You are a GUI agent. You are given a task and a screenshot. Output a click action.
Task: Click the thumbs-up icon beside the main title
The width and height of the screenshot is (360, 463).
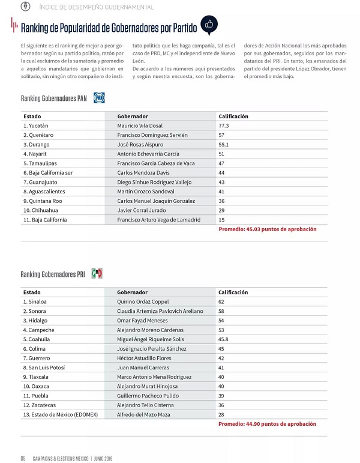(x=209, y=25)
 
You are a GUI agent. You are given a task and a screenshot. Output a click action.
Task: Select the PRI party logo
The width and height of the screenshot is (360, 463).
(x=97, y=274)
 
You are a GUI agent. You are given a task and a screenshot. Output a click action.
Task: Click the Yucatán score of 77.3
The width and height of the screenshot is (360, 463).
(x=224, y=126)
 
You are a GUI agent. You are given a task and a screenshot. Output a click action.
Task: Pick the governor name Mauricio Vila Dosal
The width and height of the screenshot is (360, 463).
(x=141, y=126)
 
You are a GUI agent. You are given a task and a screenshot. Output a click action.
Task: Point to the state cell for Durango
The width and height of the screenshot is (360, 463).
(x=36, y=145)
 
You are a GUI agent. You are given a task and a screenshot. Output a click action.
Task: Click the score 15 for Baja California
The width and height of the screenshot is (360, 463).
(x=222, y=220)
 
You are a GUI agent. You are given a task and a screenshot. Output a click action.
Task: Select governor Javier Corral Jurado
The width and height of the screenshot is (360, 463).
(x=142, y=210)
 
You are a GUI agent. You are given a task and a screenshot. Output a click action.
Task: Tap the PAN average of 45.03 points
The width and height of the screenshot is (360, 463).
(x=267, y=229)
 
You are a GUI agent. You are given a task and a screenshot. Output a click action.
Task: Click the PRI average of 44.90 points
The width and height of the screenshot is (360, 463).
(x=267, y=423)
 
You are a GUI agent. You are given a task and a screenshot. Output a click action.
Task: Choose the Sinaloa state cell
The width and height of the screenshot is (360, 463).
(x=35, y=301)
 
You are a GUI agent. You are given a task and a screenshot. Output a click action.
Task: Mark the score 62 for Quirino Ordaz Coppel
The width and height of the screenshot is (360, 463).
(x=222, y=301)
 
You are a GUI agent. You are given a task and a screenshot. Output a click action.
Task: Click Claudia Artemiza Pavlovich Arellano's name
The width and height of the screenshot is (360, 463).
(x=160, y=311)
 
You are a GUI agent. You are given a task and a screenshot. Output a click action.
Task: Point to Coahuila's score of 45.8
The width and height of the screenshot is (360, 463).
(x=224, y=339)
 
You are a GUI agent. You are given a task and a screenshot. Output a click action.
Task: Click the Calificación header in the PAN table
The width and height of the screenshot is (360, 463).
(x=233, y=116)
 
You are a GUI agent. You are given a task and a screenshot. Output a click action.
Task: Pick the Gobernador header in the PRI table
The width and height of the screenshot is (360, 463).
(x=132, y=292)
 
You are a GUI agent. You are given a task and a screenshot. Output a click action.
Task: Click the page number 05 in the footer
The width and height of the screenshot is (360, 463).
(x=23, y=457)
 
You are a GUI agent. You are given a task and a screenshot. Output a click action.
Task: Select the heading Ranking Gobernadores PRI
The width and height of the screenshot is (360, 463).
(x=53, y=274)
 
